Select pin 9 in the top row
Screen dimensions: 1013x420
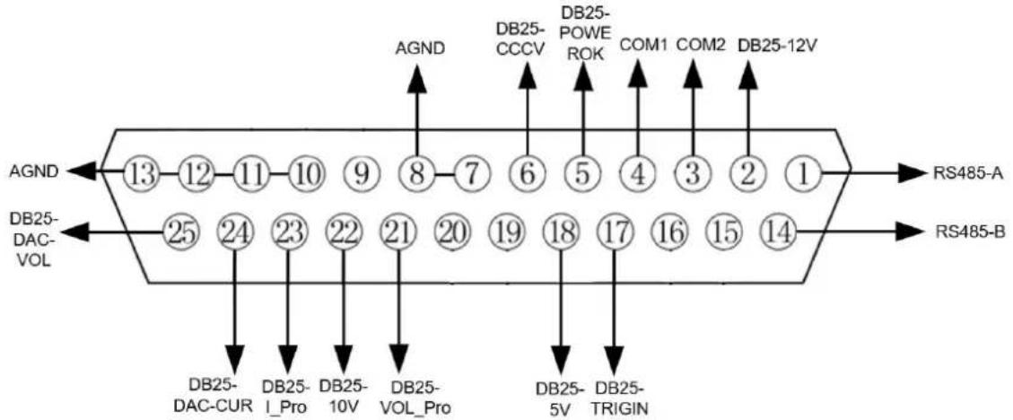point(361,172)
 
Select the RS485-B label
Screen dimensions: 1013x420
point(965,232)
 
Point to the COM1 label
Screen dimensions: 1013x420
point(642,46)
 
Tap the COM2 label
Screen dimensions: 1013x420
point(698,46)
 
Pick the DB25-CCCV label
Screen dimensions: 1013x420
point(521,38)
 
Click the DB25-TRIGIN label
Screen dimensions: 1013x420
point(620,398)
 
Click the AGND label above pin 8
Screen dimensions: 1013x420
point(421,49)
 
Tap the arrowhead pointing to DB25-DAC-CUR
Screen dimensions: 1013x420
point(234,357)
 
